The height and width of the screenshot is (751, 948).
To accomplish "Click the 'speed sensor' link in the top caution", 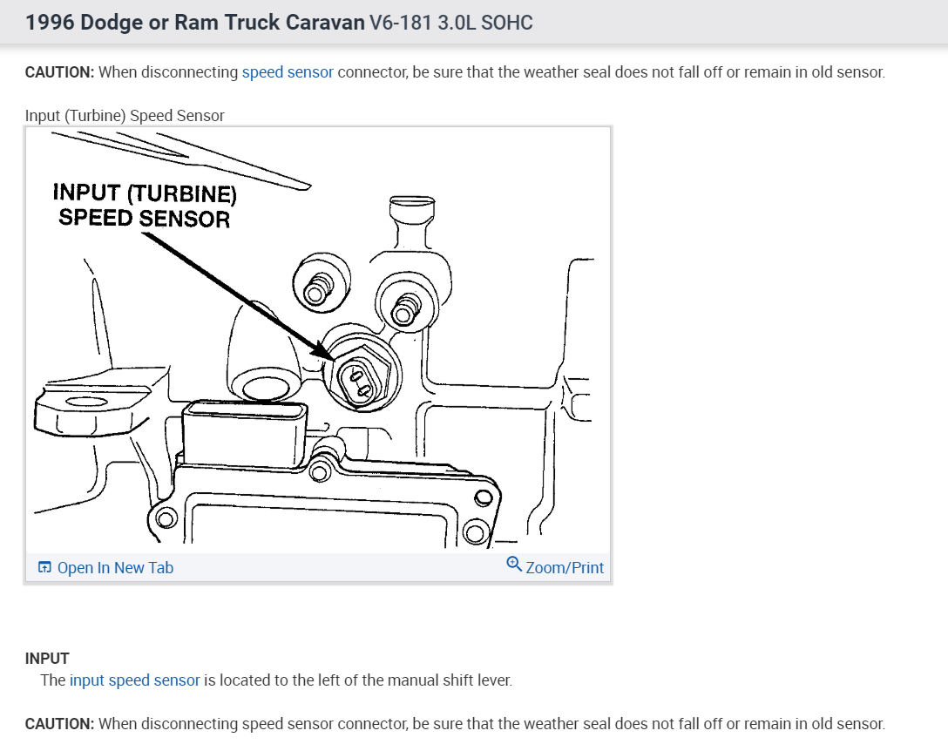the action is (288, 72).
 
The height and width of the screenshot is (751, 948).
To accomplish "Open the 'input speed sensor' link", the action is (135, 680).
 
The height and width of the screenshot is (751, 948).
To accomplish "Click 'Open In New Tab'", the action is (115, 568).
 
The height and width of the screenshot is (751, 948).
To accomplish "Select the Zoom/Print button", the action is (565, 568).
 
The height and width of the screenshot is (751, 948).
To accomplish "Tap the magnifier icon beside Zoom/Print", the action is (514, 566).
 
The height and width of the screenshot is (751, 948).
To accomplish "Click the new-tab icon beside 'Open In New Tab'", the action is (45, 568).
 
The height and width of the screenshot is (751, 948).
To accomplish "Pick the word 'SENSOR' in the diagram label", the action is (184, 218).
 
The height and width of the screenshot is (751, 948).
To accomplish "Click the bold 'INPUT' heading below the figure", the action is (47, 659).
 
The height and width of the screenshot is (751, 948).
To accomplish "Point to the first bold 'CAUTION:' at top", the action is (59, 72).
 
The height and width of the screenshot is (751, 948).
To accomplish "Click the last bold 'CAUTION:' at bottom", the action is (59, 724).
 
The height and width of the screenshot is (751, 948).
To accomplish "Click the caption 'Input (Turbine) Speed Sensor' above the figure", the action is (125, 116).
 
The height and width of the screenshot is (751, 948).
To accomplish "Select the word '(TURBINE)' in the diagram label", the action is (181, 193).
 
